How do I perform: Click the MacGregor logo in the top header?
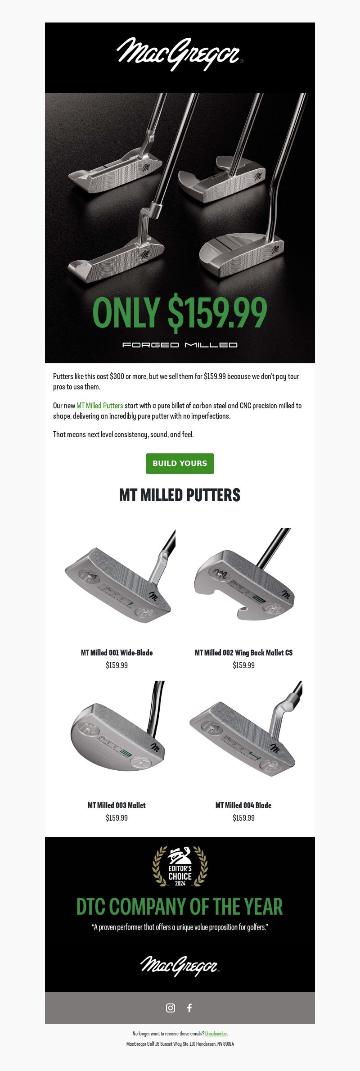[x=180, y=54]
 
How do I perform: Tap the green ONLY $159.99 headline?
[x=180, y=312]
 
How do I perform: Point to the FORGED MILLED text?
[x=180, y=345]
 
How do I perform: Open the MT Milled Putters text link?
[x=99, y=406]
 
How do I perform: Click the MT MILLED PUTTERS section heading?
[x=180, y=495]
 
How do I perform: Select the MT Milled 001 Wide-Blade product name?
[x=117, y=653]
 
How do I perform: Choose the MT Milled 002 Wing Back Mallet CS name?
[x=243, y=653]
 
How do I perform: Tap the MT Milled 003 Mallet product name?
[x=117, y=805]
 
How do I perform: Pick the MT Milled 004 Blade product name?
[x=243, y=805]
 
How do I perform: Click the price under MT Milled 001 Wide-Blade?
[x=117, y=665]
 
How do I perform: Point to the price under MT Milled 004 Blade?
[x=243, y=818]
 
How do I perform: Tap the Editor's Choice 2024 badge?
[x=180, y=867]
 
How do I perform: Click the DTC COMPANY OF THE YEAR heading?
[x=180, y=907]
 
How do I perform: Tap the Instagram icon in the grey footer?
[x=171, y=1008]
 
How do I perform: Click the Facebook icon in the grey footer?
[x=189, y=1008]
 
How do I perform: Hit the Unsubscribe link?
[x=216, y=1034]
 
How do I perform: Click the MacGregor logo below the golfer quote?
[x=180, y=966]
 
